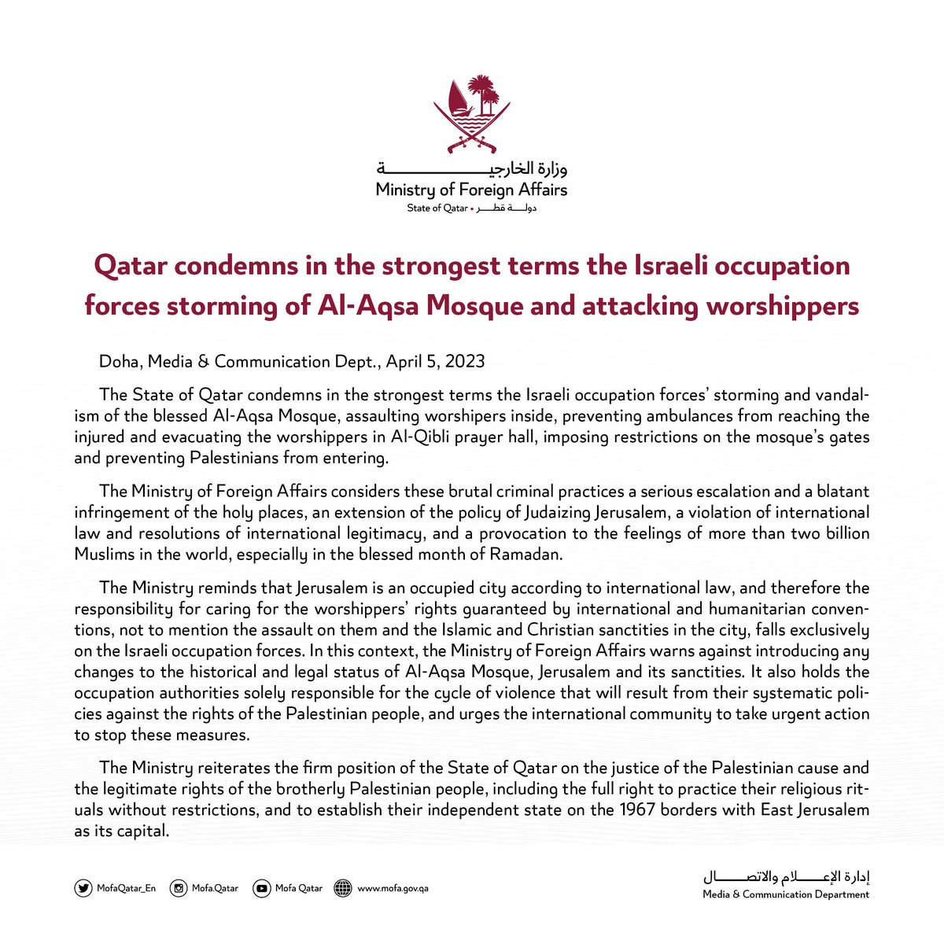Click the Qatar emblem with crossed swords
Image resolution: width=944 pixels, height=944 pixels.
pos(472,114)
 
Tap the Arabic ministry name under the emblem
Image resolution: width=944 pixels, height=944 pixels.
pos(472,168)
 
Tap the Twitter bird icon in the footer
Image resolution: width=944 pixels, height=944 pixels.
pos(83,888)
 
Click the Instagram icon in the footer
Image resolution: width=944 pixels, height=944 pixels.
pos(180,888)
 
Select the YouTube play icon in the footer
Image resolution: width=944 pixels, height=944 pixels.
pos(261,888)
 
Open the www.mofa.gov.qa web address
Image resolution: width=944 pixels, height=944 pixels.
pos(393,888)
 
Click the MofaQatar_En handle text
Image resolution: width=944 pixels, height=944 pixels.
pos(126,888)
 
